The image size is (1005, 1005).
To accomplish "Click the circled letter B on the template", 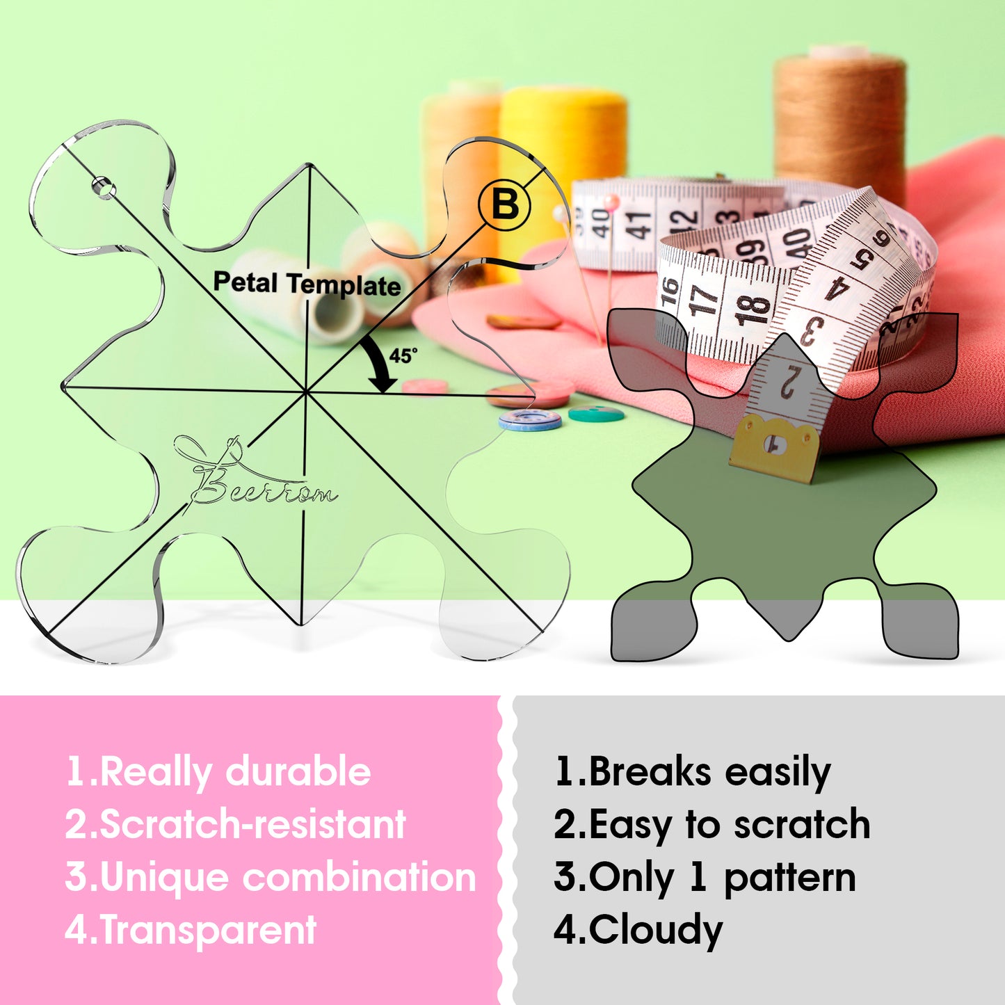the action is tap(504, 204).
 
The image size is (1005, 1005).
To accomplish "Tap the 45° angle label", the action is tap(403, 355).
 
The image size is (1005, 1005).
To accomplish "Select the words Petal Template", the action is tap(307, 284).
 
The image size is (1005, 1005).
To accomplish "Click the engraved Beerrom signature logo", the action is tap(255, 473).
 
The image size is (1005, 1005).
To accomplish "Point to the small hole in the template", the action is tap(104, 188).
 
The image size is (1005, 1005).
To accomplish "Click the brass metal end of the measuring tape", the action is tap(773, 447).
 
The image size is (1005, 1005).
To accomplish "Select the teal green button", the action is tap(596, 414).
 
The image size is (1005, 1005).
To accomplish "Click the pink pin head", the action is tap(611, 202).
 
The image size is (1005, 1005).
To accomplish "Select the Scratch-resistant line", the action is tap(235, 825).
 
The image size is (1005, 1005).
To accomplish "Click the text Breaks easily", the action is tap(692, 773).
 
